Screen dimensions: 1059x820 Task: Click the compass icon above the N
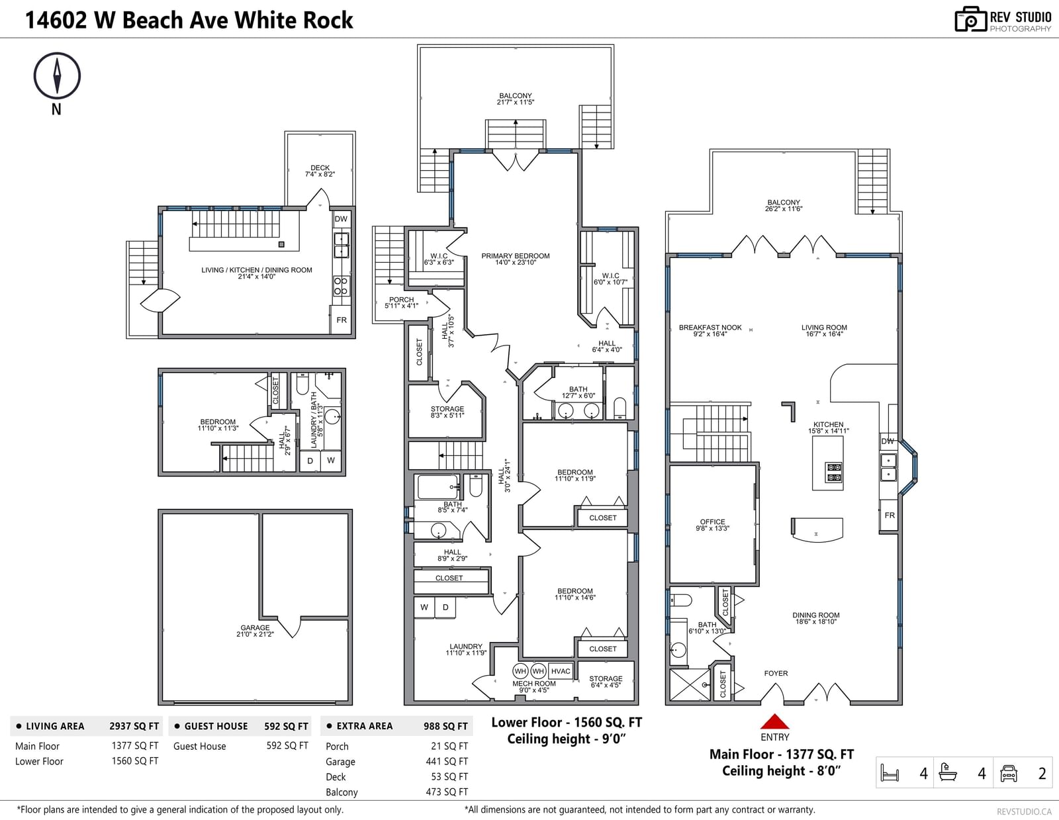click(57, 76)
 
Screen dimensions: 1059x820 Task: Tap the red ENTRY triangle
click(774, 721)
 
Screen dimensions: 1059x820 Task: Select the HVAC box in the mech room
click(561, 671)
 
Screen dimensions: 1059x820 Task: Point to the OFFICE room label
click(712, 522)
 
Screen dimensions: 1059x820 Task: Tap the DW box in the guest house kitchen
click(341, 219)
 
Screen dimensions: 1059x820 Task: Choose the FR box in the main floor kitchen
click(890, 515)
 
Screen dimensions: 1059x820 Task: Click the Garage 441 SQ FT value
click(446, 761)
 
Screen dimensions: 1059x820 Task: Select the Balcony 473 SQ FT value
click(446, 792)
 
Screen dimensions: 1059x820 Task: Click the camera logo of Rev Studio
click(970, 19)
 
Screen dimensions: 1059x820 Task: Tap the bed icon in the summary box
click(890, 773)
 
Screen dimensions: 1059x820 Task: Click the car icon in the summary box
click(1008, 773)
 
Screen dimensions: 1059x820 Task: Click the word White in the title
click(257, 20)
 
